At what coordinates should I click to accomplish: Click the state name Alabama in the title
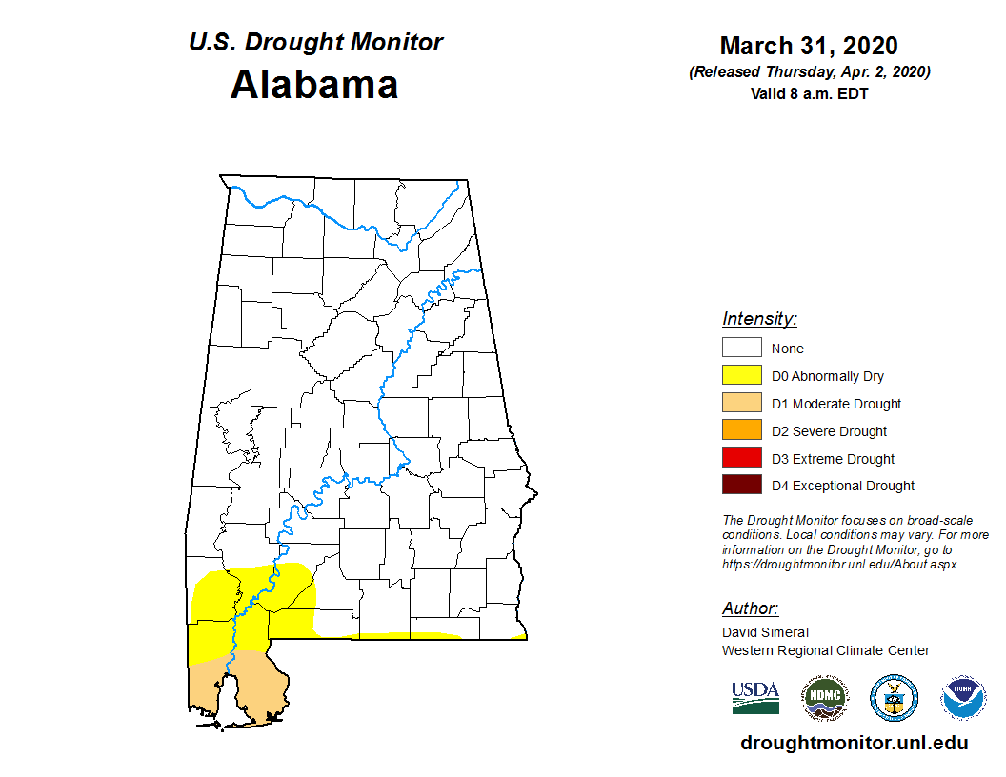(314, 85)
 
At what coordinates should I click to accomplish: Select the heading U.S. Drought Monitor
(315, 43)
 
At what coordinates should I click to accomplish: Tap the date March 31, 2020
(809, 46)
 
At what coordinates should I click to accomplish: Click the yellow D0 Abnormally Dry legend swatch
(741, 376)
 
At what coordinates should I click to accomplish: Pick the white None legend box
(741, 349)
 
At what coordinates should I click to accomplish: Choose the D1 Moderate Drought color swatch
(741, 404)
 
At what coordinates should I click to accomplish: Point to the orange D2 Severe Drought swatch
(741, 431)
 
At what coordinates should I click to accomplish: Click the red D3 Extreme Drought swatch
(741, 459)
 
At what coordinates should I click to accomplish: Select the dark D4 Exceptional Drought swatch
(741, 486)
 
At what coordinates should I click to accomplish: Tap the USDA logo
(755, 698)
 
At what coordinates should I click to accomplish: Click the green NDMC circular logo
(824, 698)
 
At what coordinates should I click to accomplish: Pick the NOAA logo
(963, 698)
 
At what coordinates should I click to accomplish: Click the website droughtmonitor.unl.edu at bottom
(854, 744)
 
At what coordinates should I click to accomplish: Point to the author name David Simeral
(765, 632)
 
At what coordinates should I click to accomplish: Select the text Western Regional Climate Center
(825, 650)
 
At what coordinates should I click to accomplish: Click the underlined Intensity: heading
(759, 319)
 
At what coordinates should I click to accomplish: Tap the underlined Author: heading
(750, 608)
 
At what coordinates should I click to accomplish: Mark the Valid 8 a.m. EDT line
(809, 93)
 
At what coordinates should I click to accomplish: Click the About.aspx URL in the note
(838, 564)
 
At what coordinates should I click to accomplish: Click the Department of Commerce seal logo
(894, 698)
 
